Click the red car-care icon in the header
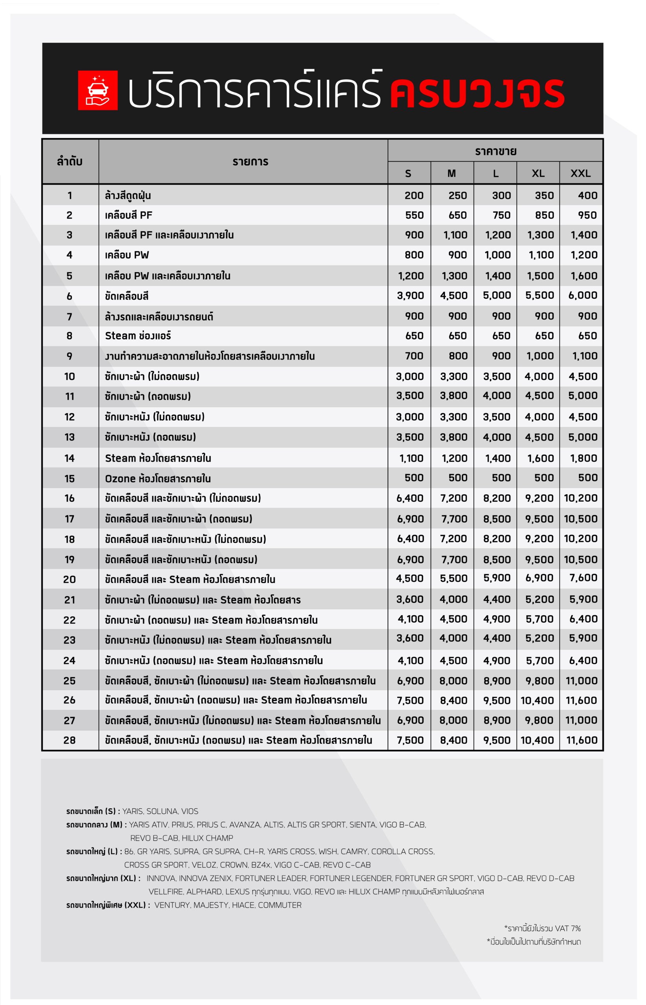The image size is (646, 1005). click(97, 90)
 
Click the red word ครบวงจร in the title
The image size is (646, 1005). click(477, 93)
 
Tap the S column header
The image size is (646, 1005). click(408, 174)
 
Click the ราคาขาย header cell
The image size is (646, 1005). click(496, 151)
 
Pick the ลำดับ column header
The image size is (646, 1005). click(70, 161)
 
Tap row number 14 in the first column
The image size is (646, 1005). click(70, 458)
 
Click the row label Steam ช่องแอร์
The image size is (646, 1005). click(138, 336)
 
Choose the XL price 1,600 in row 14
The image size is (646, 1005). click(540, 458)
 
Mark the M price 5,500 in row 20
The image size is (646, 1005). click(453, 578)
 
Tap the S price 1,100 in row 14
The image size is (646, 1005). click(411, 458)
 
